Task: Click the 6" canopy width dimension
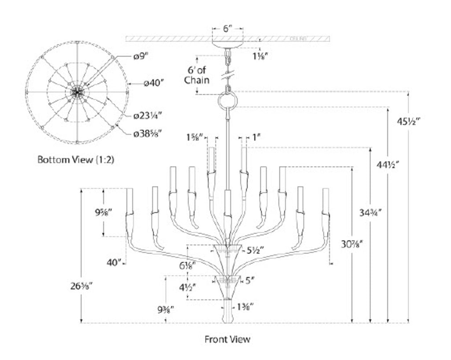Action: pos(227,29)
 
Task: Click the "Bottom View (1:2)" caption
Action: pos(75,160)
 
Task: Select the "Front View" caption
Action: pos(227,339)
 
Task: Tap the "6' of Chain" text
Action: pos(197,75)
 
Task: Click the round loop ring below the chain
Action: pos(228,103)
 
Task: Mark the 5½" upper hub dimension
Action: pos(255,250)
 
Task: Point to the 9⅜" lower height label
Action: pos(167,309)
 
